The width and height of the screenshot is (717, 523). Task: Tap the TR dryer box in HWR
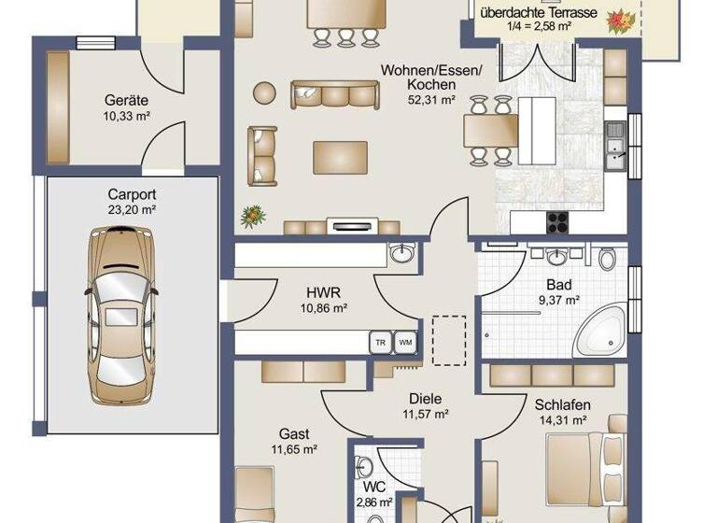click(x=380, y=343)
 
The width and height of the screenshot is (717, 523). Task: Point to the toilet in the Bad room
click(x=608, y=259)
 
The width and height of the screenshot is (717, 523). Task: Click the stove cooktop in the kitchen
click(x=557, y=221)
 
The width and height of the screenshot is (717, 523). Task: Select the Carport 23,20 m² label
click(x=131, y=203)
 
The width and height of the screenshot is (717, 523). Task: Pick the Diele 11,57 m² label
click(x=426, y=405)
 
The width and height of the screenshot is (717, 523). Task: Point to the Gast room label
click(x=294, y=442)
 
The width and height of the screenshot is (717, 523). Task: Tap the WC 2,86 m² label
click(x=374, y=494)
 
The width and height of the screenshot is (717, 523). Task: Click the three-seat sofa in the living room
click(x=333, y=93)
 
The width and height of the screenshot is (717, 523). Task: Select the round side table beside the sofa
click(x=264, y=92)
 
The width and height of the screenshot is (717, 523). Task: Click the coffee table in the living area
click(x=340, y=156)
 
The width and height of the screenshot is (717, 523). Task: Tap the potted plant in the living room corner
click(x=253, y=217)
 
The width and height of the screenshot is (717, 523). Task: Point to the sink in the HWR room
click(x=401, y=253)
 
